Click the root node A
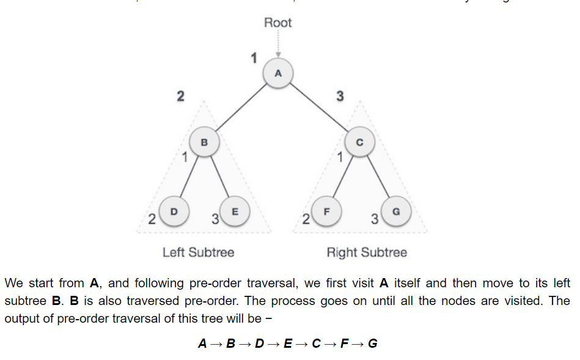[x=278, y=73]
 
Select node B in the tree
[x=204, y=142]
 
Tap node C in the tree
[x=359, y=142]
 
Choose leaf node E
[x=235, y=211]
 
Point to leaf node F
[x=327, y=211]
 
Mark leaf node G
[x=395, y=211]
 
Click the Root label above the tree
[x=278, y=23]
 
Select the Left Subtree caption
[x=198, y=252]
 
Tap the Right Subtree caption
[x=367, y=252]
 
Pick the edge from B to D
[x=189, y=177]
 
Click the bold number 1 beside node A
[x=253, y=58]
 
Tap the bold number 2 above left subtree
[x=180, y=96]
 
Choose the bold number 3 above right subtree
[x=340, y=96]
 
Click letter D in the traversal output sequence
[x=259, y=343]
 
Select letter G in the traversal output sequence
[x=373, y=343]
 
